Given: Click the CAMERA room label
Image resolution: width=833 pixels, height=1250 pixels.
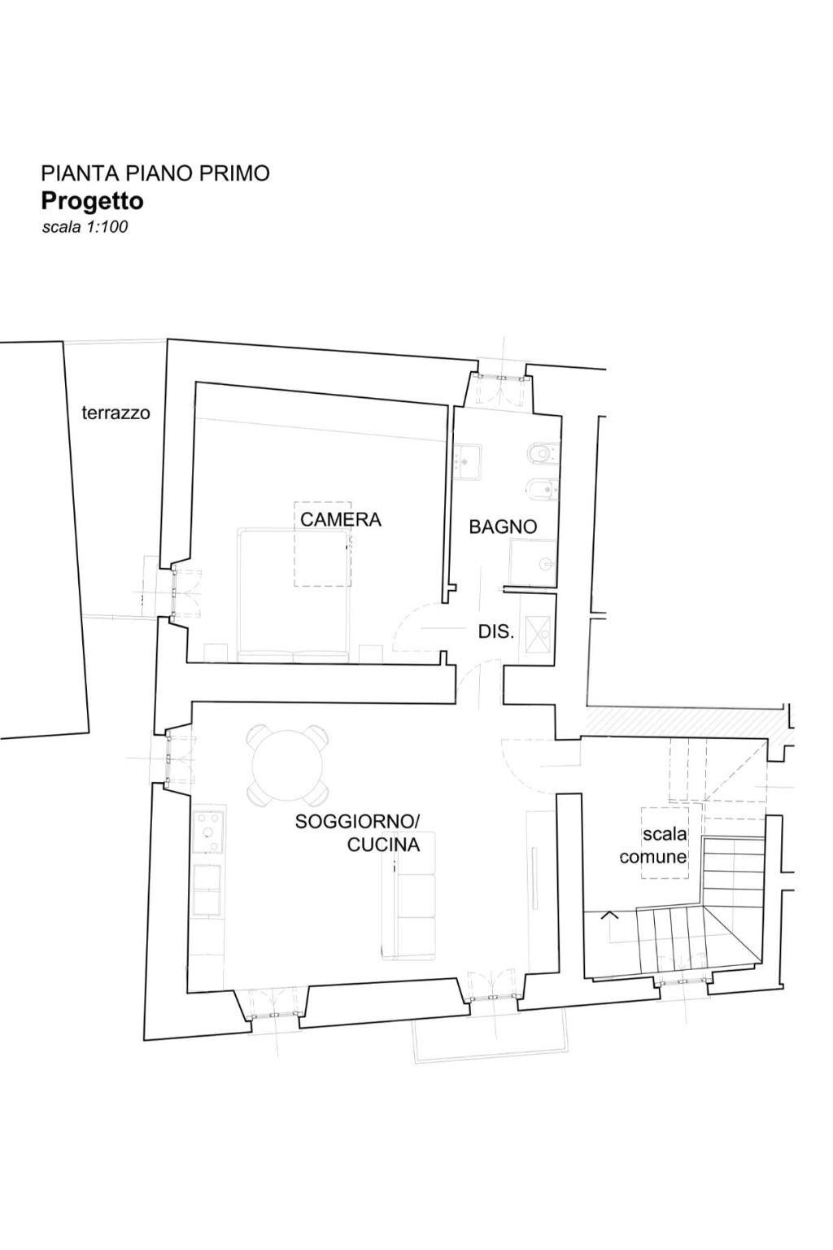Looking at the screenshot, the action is pyautogui.click(x=340, y=519).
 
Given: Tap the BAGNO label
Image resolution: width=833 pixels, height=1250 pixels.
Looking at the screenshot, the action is pyautogui.click(x=503, y=527).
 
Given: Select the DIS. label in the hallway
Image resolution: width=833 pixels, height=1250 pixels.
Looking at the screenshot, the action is pyautogui.click(x=495, y=632).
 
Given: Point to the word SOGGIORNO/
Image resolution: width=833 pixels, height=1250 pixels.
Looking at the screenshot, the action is pyautogui.click(x=357, y=821).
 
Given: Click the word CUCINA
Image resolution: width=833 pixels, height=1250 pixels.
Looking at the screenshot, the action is pyautogui.click(x=383, y=845).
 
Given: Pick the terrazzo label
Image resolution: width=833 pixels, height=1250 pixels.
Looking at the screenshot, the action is pyautogui.click(x=116, y=413).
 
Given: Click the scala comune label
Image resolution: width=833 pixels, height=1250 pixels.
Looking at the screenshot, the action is pyautogui.click(x=653, y=846).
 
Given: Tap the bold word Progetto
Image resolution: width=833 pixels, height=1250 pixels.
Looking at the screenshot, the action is pyautogui.click(x=92, y=200).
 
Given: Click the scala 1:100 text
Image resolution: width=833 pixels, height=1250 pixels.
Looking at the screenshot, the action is pyautogui.click(x=85, y=227).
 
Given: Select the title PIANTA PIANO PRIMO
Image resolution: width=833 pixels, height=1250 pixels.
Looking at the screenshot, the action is pyautogui.click(x=155, y=173).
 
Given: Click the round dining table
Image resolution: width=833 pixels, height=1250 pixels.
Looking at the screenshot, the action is pyautogui.click(x=288, y=764).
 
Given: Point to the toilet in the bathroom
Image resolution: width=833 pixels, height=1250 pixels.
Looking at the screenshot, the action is pyautogui.click(x=543, y=453).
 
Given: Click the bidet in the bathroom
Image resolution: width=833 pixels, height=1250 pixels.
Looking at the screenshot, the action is pyautogui.click(x=543, y=490).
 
